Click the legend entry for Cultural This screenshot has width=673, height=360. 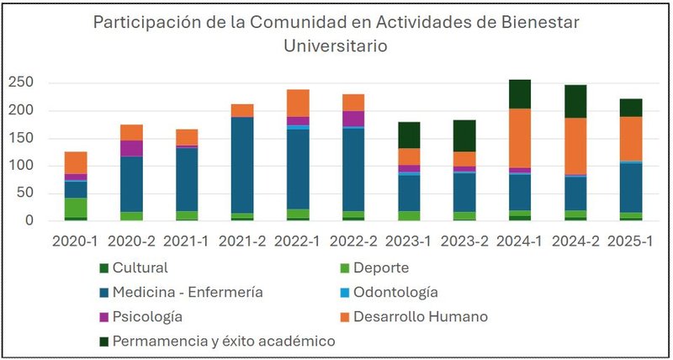click(139, 268)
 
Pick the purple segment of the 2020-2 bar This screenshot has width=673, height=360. click(132, 148)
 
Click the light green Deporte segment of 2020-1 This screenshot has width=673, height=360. click(77, 207)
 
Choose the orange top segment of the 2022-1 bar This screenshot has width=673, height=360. click(298, 103)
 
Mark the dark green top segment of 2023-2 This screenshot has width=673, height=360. click(464, 135)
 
